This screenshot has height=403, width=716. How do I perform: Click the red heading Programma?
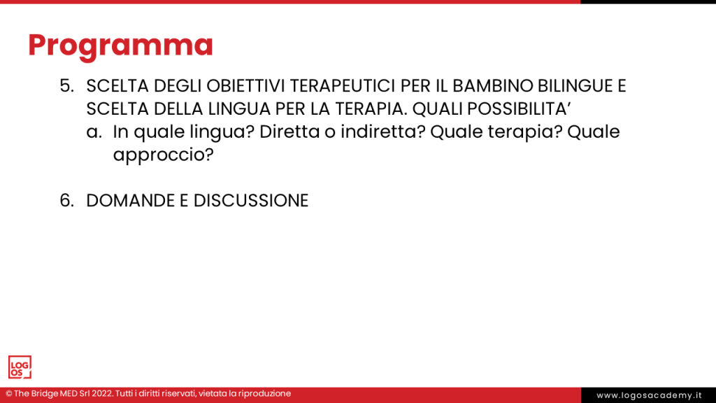120,46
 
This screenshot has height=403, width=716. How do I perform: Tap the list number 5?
66,86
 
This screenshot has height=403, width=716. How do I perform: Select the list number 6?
66,201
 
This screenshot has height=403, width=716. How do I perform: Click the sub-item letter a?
94,132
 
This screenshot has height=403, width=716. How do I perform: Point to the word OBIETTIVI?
246,86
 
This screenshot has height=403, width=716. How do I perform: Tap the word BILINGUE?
575,86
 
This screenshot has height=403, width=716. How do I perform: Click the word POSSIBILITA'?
519,108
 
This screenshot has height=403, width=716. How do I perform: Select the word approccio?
164,155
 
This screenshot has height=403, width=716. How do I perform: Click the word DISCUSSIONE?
251,201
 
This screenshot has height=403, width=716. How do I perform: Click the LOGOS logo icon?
20,367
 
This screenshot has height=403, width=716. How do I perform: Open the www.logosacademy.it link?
649,395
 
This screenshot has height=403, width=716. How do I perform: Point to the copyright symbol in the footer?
8,393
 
